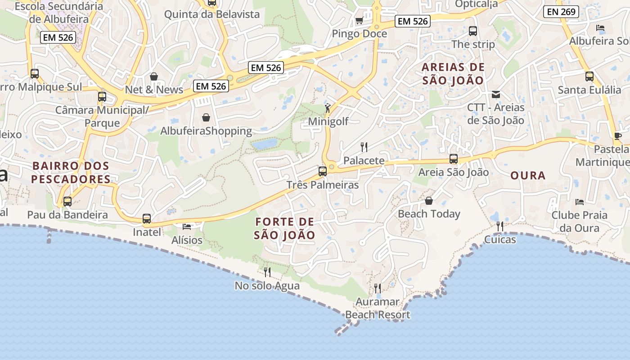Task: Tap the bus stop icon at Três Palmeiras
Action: click(x=322, y=171)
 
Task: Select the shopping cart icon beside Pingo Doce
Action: click(x=359, y=20)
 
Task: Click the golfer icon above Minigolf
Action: click(x=328, y=108)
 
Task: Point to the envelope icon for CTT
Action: click(x=496, y=94)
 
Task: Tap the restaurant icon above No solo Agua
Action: click(x=267, y=272)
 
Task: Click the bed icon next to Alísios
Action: click(x=187, y=226)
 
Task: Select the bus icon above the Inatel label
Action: click(x=147, y=219)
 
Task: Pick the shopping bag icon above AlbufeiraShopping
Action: click(x=206, y=117)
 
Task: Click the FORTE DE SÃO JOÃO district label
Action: click(x=284, y=228)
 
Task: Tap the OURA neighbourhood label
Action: click(x=528, y=175)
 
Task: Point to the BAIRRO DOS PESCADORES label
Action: click(x=71, y=172)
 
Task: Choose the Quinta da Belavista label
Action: click(x=212, y=14)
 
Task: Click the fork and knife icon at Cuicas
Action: click(x=500, y=226)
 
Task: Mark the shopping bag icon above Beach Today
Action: click(x=429, y=200)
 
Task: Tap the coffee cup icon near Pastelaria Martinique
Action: click(x=618, y=136)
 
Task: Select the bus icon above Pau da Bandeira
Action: click(x=67, y=202)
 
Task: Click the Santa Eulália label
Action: click(x=589, y=90)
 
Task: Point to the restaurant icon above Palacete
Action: click(x=364, y=147)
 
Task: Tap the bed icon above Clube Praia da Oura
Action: click(x=580, y=202)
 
